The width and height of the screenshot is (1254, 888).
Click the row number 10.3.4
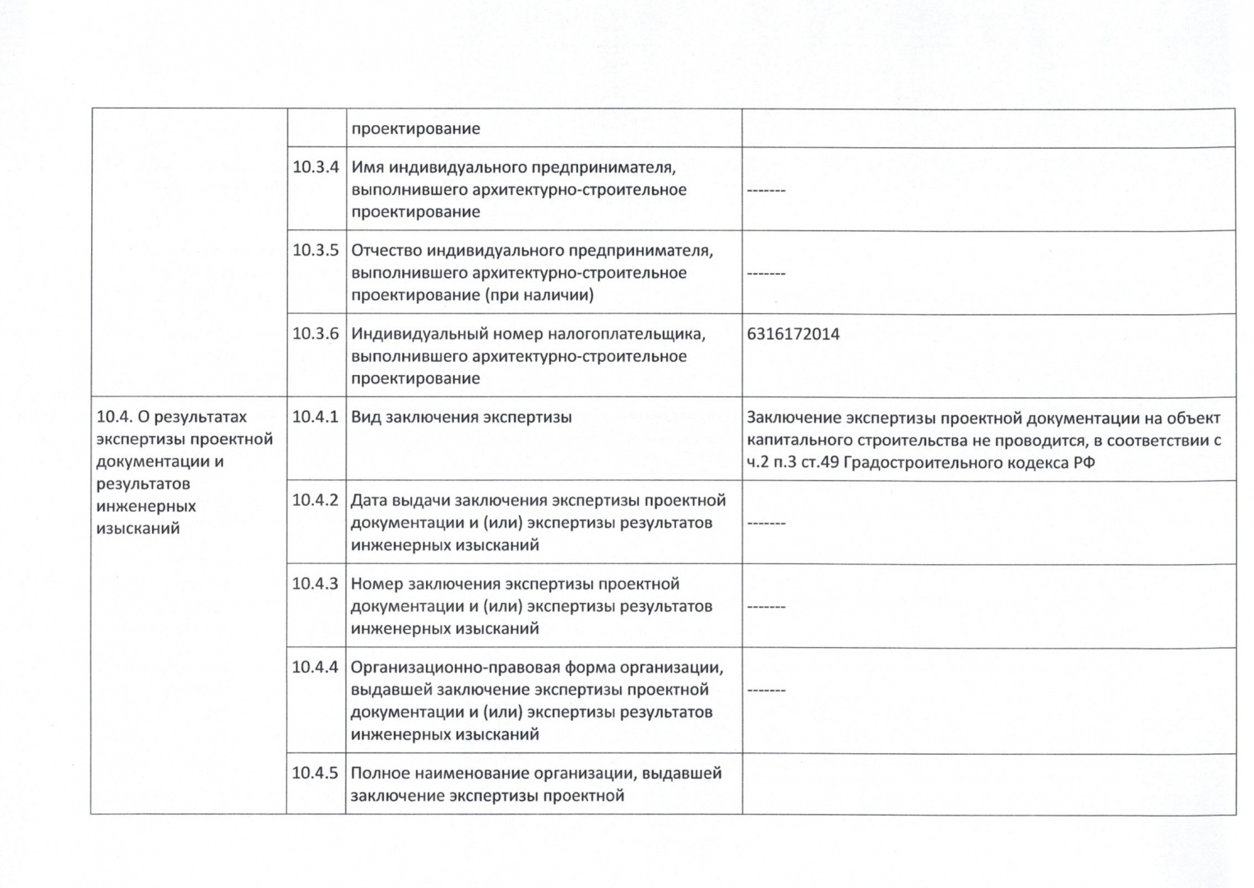pos(316,168)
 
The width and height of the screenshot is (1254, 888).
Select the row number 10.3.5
pos(316,251)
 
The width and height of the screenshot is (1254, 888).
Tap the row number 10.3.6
pos(316,334)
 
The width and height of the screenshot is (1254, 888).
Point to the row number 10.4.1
pos(315,417)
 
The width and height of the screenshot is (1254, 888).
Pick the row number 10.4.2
pos(315,500)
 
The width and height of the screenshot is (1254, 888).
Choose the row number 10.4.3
pos(315,584)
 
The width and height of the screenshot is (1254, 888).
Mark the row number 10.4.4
pos(315,667)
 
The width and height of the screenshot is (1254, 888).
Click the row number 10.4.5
pos(315,773)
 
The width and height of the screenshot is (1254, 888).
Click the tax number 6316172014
pos(793,334)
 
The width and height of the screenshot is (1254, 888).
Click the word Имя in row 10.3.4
pos(367,168)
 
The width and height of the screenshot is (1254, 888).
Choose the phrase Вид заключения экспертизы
pos(460,417)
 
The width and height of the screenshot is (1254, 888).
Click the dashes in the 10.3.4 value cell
pos(766,191)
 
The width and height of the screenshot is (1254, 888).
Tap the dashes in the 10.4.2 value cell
pos(766,523)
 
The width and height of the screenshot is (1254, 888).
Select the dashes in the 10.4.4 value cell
pos(766,690)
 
